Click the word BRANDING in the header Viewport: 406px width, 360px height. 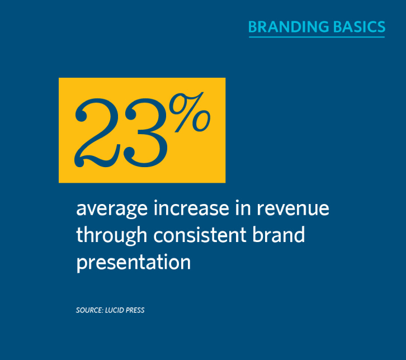(x=289, y=27)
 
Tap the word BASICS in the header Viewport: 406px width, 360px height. (x=360, y=27)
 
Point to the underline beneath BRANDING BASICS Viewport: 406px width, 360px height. (x=317, y=37)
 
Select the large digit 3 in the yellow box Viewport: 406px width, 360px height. (x=145, y=133)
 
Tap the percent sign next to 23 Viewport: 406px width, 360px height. (x=190, y=112)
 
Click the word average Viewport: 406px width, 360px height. (x=112, y=209)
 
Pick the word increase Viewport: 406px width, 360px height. (x=191, y=208)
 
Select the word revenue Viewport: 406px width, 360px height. (x=293, y=209)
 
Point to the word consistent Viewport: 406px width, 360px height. (x=200, y=235)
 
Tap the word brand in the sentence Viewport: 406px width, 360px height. (x=278, y=234)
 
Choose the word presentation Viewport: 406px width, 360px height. (x=133, y=263)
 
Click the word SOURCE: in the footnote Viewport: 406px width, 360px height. (x=90, y=310)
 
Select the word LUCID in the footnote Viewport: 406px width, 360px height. (x=114, y=310)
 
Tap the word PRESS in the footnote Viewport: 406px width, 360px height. (x=135, y=310)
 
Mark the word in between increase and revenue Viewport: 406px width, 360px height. (x=243, y=208)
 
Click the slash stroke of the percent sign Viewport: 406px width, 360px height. (x=189, y=112)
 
